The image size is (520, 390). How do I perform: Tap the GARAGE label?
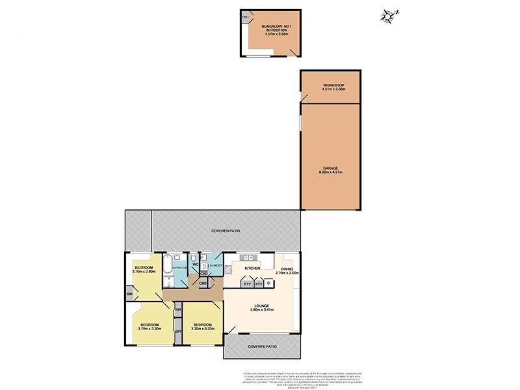pos(330,169)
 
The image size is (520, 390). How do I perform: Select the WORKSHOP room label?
pos(332,87)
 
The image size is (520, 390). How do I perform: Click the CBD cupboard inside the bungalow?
pos(245,18)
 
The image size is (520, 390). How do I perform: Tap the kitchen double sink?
pos(244,257)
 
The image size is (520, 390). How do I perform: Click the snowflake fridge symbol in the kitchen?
pos(268,283)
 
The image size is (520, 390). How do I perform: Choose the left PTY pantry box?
pos(246,283)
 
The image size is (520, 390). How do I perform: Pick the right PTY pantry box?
pos(258,283)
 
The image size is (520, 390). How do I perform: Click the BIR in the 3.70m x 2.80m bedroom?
pos(129,294)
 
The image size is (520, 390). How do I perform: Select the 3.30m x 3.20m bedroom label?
pos(202,326)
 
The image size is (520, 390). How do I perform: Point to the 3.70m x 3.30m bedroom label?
pos(149,326)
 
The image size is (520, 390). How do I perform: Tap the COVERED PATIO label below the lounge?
pos(263,346)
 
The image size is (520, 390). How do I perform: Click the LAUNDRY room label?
pos(216,266)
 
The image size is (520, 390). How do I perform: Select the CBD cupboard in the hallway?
pos(203,283)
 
